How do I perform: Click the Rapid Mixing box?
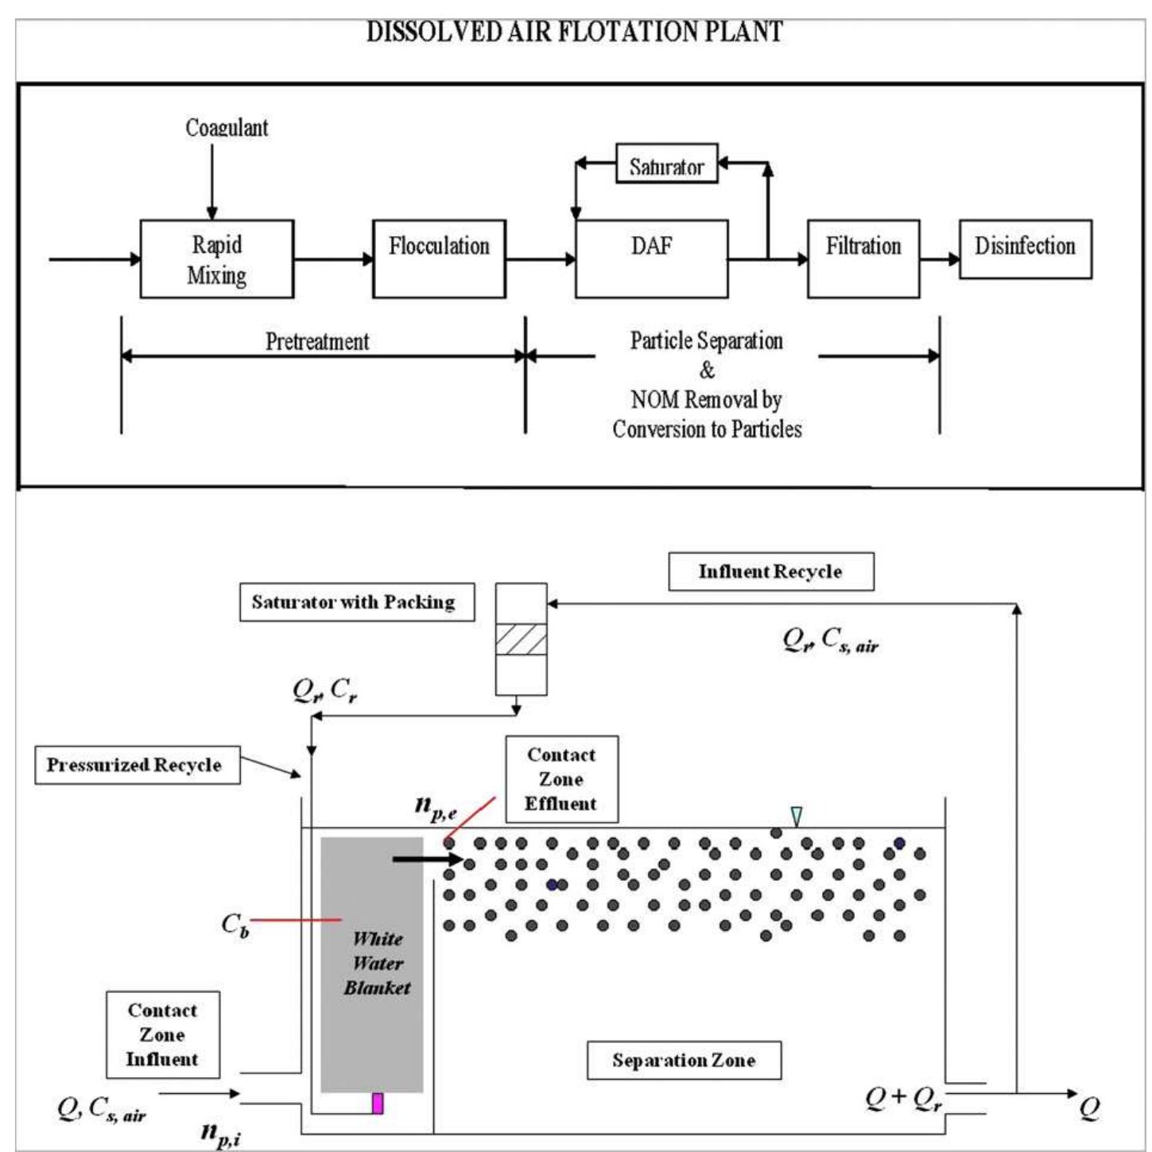[x=216, y=259]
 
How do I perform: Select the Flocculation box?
[x=439, y=259]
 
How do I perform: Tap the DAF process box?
[x=651, y=259]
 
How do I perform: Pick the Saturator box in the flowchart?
[x=666, y=164]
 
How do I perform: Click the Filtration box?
[x=863, y=259]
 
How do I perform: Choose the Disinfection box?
[x=1025, y=249]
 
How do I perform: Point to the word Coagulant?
[x=227, y=128]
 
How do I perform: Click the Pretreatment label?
[x=316, y=342]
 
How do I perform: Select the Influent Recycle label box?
[x=770, y=572]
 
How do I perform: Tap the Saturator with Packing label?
[x=356, y=602]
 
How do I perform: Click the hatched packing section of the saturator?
[x=521, y=639]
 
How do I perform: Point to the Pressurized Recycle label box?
[x=137, y=765]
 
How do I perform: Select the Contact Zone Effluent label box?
[x=561, y=779]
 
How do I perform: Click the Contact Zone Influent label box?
[x=162, y=1034]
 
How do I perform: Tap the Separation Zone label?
[x=684, y=1061]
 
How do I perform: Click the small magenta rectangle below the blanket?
[x=378, y=1104]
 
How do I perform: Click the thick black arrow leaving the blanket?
[x=427, y=859]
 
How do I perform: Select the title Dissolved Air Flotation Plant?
[x=574, y=32]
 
